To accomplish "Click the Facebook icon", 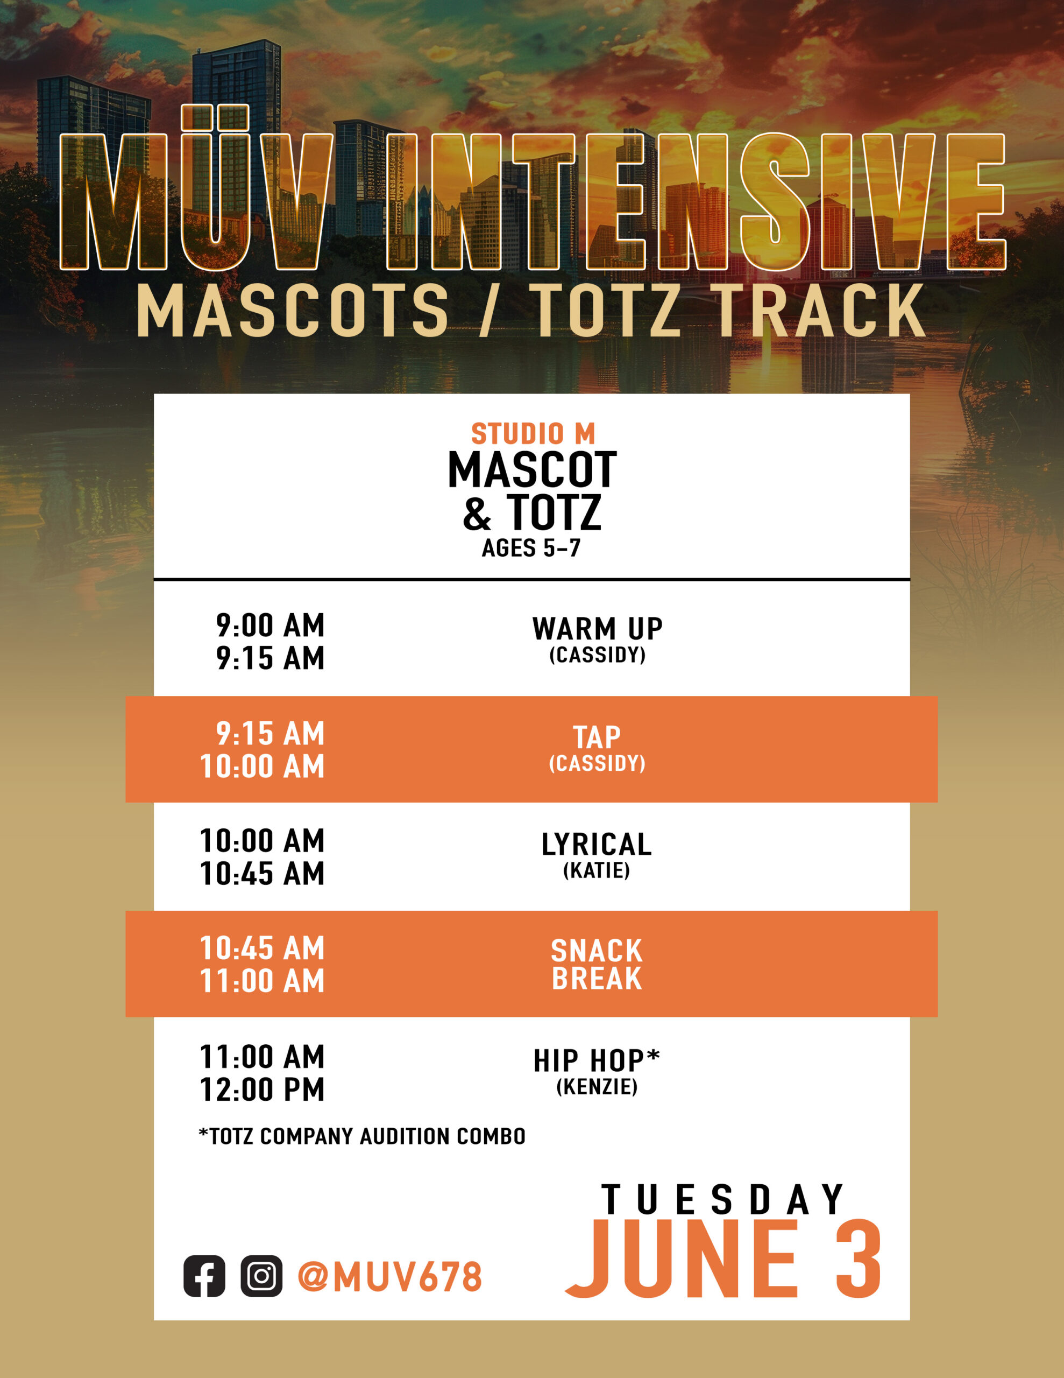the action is [x=204, y=1276].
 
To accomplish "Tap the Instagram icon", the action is [x=261, y=1276].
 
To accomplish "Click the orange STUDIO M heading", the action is [x=533, y=433].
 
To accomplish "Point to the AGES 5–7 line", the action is [x=531, y=547].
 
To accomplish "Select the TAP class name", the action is [x=597, y=737].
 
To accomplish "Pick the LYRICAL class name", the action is [x=597, y=844].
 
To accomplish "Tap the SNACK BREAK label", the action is [x=597, y=965].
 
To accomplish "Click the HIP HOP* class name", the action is [x=597, y=1060].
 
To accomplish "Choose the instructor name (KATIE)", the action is [x=597, y=871].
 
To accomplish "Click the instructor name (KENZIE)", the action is [x=597, y=1086].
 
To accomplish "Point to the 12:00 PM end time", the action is [x=263, y=1089].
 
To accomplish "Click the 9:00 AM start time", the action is [x=270, y=625].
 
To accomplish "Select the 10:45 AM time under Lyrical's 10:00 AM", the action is [x=263, y=874].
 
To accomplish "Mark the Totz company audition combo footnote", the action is [x=362, y=1136].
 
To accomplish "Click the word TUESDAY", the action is [x=723, y=1199].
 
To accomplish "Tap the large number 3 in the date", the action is [x=859, y=1259].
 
